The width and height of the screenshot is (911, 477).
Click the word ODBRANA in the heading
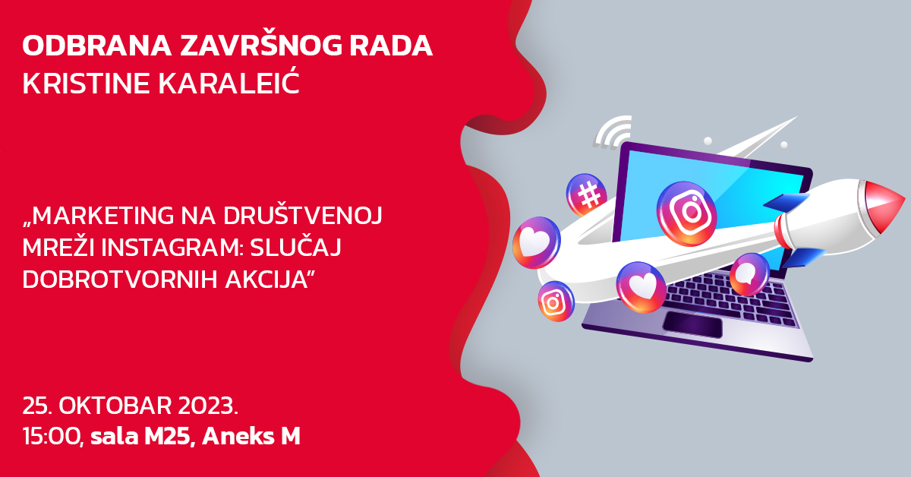point(97,46)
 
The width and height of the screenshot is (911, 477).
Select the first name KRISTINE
point(86,84)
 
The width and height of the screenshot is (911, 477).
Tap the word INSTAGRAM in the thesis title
point(172,248)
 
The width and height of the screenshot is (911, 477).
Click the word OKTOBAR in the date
point(115,406)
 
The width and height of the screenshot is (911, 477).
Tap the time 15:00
point(53,437)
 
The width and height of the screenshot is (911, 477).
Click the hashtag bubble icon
point(586,194)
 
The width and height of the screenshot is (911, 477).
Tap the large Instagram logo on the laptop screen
point(686,213)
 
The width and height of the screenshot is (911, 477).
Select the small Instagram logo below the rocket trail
point(556,302)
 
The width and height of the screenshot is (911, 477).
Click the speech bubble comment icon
point(749,274)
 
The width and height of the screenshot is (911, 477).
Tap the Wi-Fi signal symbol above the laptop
point(612,132)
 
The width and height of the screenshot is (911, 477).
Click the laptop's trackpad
point(692,325)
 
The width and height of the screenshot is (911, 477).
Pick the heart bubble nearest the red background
point(536,242)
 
